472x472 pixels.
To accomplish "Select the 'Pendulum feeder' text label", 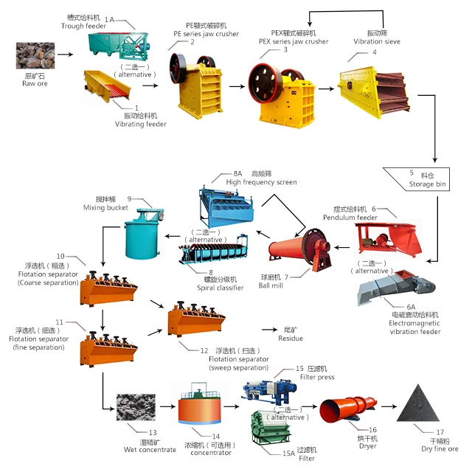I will coord(350,218).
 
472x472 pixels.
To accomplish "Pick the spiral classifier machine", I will coord(209,253).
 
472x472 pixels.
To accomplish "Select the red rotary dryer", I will coord(347,410).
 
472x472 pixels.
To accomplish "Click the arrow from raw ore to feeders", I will coord(66,55).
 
